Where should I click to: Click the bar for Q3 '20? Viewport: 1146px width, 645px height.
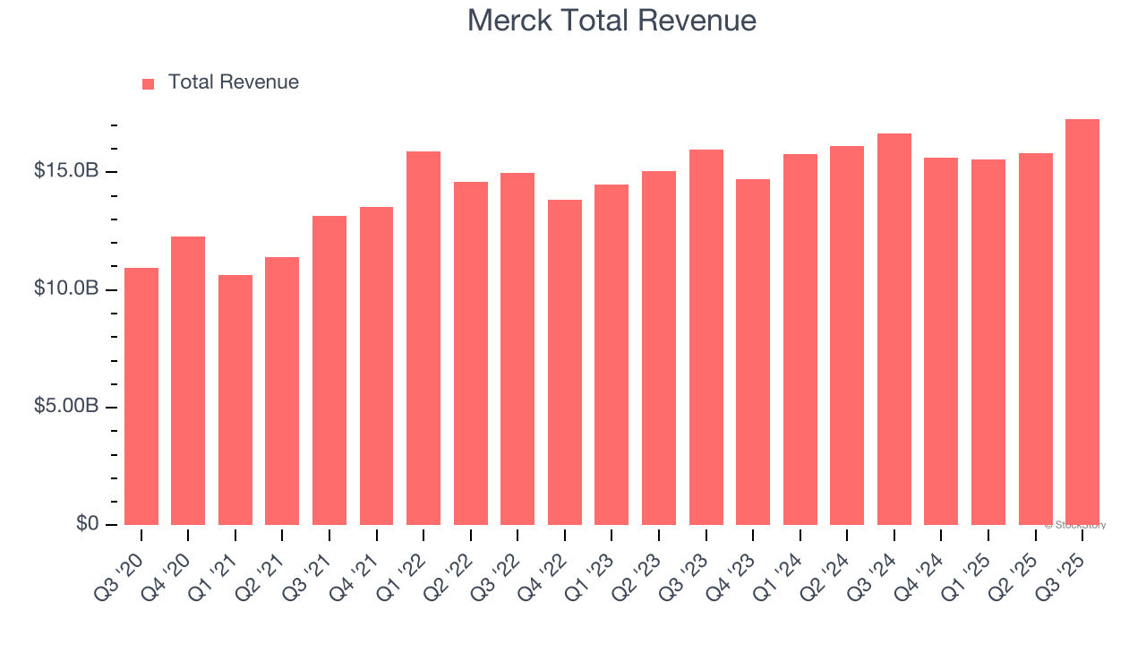coord(141,396)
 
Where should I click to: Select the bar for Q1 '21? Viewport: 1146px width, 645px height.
coord(235,400)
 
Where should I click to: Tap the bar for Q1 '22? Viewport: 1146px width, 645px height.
coord(423,338)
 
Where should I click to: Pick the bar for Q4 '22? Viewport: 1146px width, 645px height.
coord(565,362)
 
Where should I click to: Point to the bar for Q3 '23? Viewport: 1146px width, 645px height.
coord(706,337)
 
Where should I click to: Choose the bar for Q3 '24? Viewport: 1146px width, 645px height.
coord(894,329)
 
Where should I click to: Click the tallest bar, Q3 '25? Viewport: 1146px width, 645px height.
coord(1082,322)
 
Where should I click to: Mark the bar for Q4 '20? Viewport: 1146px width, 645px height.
coord(188,381)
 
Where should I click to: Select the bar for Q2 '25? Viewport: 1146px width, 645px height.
coord(1035,339)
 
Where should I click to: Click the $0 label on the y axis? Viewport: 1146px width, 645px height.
coord(86,523)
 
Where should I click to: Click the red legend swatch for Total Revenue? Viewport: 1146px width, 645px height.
coord(149,83)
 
